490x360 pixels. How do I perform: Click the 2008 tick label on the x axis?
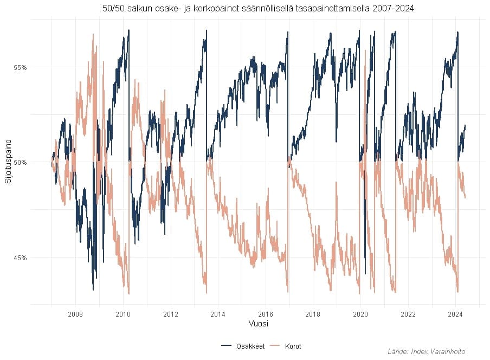75,314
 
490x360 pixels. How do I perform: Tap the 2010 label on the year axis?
123,314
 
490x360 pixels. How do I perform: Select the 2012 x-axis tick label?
170,314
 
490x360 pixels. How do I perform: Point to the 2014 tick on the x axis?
218,314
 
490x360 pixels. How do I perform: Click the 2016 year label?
266,314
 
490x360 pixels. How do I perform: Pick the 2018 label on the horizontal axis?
313,314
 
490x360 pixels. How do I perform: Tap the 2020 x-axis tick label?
360,314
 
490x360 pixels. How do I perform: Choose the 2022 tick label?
408,314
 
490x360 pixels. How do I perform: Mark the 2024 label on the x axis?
455,314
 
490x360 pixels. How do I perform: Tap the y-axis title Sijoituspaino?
8,162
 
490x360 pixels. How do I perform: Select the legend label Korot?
293,346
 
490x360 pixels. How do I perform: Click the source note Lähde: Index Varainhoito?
427,352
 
